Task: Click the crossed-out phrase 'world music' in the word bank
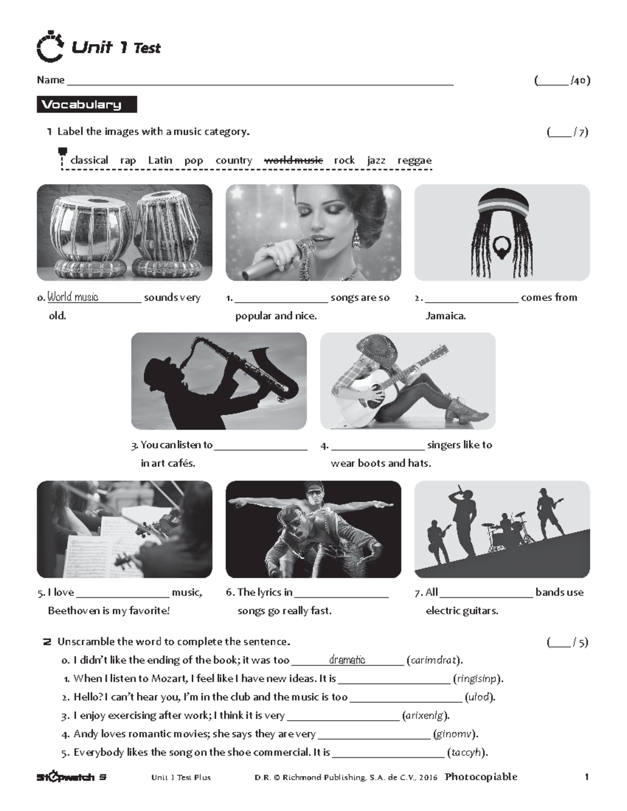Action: [x=293, y=160]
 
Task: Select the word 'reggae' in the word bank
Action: [x=414, y=160]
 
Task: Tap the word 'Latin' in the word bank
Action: [x=160, y=160]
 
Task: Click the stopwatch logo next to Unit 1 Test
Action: [x=51, y=47]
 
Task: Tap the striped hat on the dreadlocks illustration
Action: [x=502, y=201]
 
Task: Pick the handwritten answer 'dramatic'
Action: [x=347, y=660]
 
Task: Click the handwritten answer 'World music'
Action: [x=73, y=297]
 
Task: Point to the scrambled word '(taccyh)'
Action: [x=467, y=753]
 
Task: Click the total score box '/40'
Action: [x=562, y=80]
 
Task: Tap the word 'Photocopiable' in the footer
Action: [x=481, y=777]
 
